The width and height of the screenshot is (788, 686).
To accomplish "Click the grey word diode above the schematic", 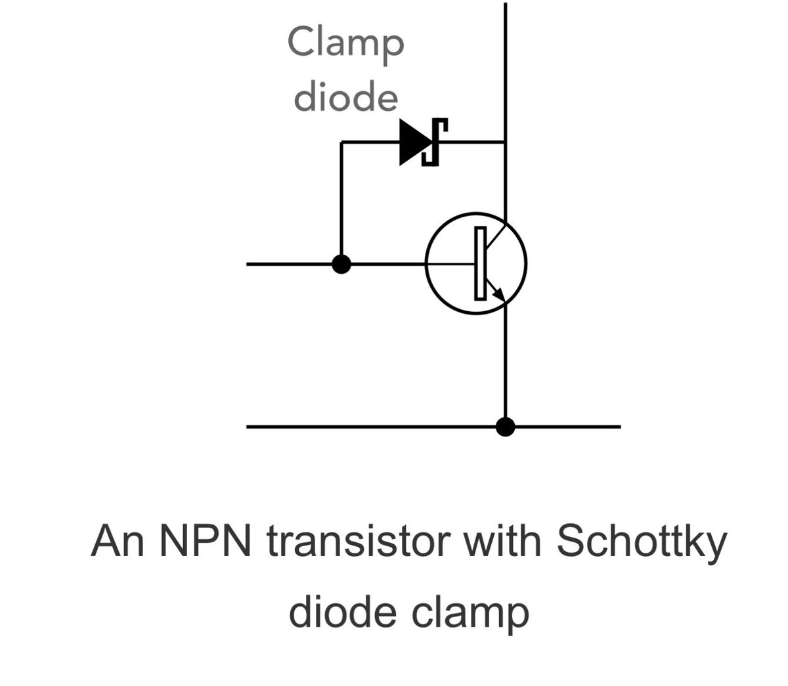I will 345,97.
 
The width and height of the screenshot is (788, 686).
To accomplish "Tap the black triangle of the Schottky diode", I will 412,142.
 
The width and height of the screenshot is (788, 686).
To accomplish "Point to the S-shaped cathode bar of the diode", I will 434,142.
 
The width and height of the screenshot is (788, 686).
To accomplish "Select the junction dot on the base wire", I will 341,264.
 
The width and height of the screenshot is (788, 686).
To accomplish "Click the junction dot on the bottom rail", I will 505,427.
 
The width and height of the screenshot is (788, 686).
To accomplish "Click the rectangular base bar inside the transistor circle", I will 480,263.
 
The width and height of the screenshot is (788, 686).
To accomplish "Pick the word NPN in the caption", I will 204,542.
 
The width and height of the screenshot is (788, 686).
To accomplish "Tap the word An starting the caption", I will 117,542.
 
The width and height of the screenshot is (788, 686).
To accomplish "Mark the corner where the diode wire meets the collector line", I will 505,142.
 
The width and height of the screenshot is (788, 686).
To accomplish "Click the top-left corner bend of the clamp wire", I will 341,142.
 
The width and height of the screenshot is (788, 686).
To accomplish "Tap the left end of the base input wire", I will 248,264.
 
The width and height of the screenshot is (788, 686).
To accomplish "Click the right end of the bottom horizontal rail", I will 619,427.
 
